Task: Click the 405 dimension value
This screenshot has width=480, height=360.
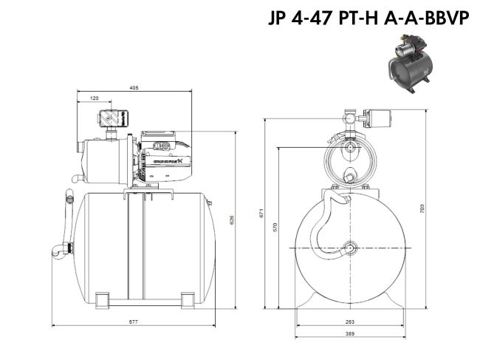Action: [x=134, y=88]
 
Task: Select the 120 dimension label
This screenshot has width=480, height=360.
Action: [x=95, y=98]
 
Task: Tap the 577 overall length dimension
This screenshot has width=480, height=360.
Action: [x=133, y=322]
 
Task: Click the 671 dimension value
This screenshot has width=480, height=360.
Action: [x=261, y=214]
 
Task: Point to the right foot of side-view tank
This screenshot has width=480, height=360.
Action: [x=190, y=300]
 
